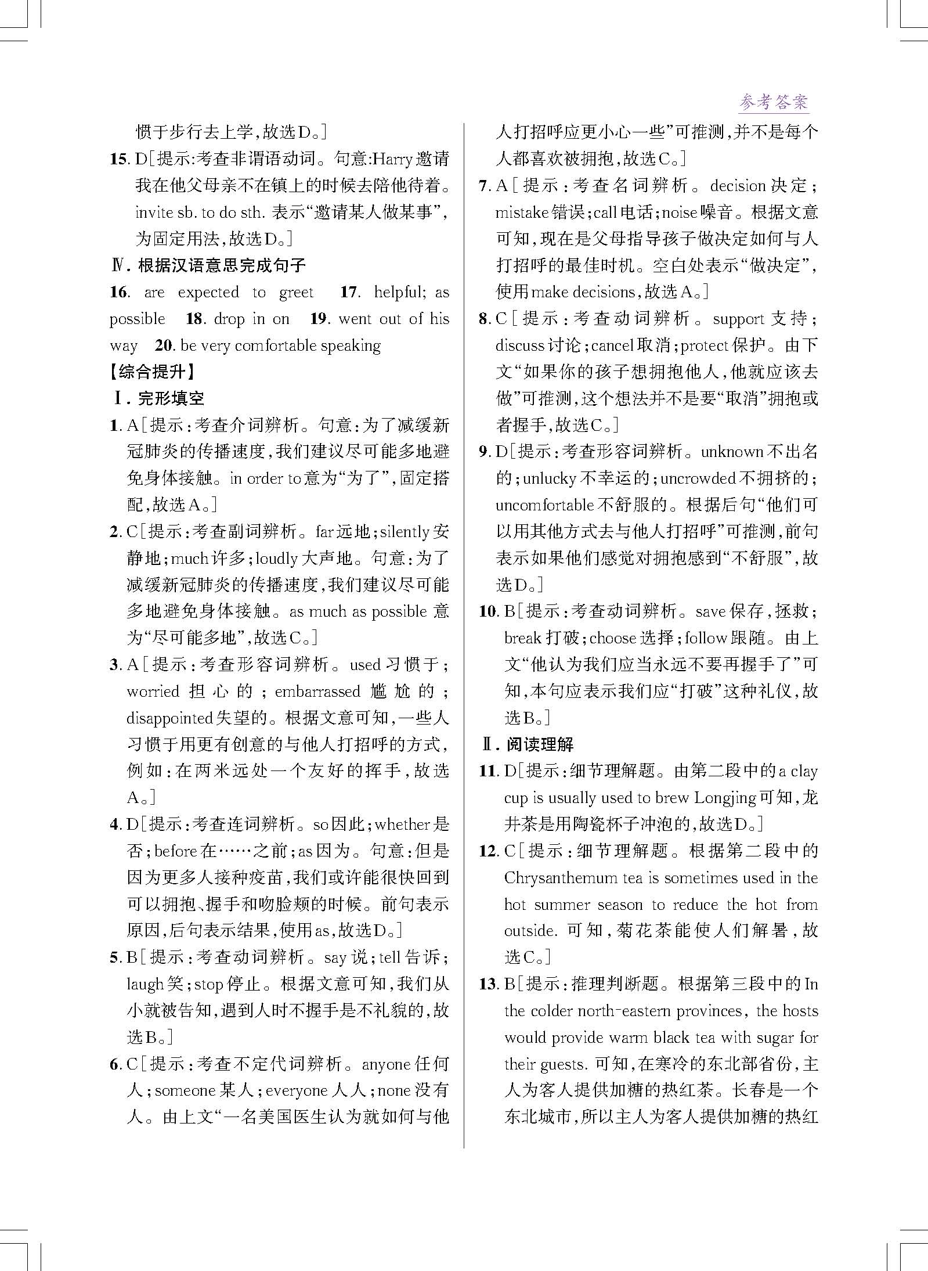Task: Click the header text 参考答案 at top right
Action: tap(773, 103)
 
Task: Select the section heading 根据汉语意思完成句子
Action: tap(222, 265)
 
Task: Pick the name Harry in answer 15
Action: tap(392, 159)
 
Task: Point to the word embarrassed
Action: tap(317, 692)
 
